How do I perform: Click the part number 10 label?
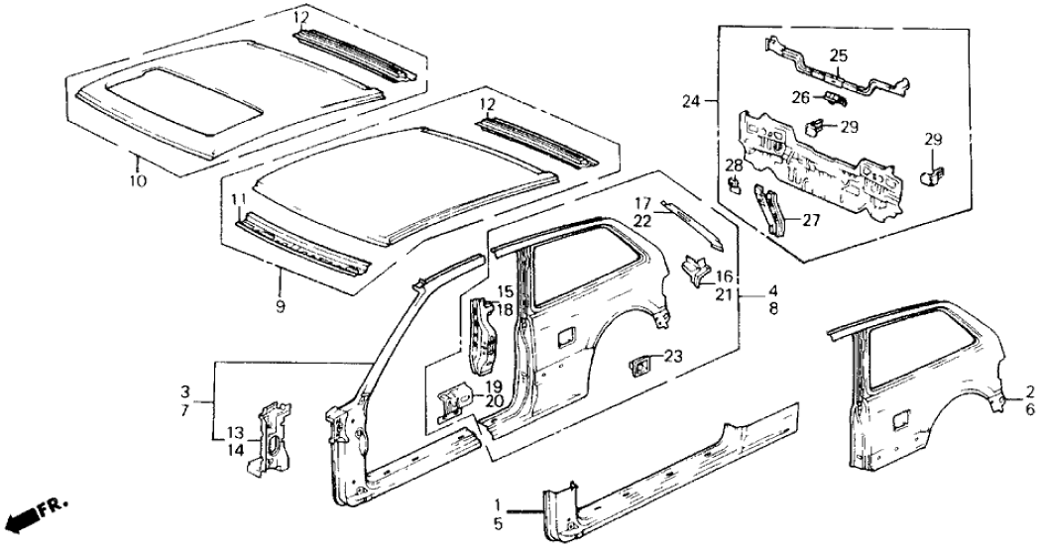tap(138, 180)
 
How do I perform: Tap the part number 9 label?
tap(281, 307)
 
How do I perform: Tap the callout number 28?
tap(733, 165)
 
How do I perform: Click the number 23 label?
tap(673, 356)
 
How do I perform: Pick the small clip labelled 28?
tap(735, 184)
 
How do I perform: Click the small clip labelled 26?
tap(832, 96)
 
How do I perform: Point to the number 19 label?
tap(492, 386)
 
